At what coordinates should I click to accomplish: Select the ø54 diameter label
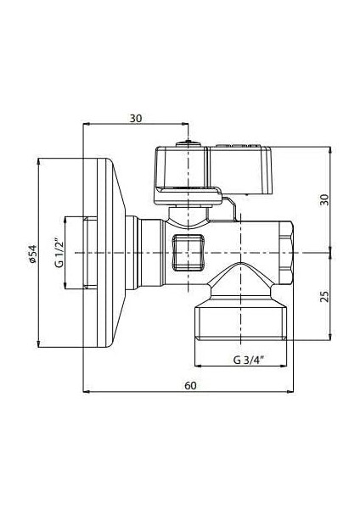pyautogui.click(x=32, y=254)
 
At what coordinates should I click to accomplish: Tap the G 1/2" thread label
pyautogui.click(x=59, y=254)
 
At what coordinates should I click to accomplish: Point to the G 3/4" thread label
pyautogui.click(x=247, y=360)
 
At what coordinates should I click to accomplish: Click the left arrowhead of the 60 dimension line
pyautogui.click(x=85, y=392)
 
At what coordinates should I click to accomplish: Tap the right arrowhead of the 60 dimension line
pyautogui.click(x=298, y=392)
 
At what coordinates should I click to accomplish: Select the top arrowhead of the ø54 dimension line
pyautogui.click(x=41, y=159)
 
